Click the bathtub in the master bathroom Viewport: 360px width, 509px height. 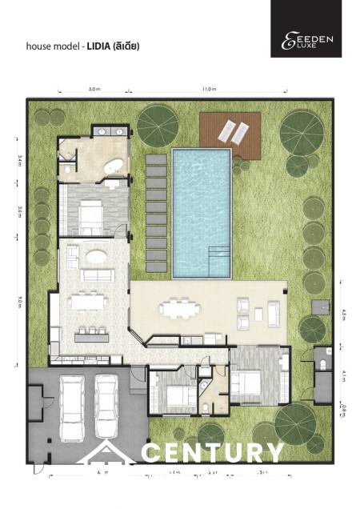click(112, 166)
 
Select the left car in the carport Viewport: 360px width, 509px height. click(73, 408)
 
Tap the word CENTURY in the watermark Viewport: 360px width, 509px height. click(212, 452)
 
